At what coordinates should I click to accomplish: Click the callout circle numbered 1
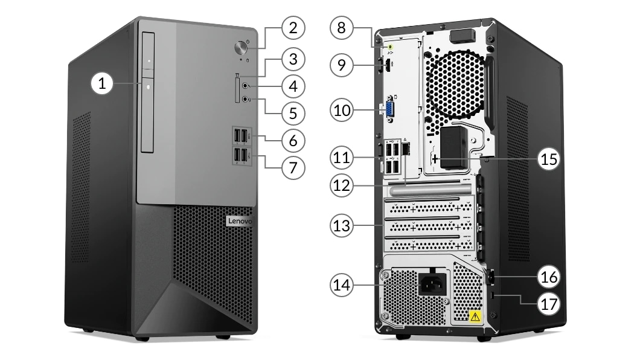(103, 84)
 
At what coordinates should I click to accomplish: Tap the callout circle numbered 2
(293, 27)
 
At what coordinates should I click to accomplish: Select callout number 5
(293, 112)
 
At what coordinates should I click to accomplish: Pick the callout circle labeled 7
(293, 166)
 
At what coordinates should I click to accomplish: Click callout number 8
(342, 27)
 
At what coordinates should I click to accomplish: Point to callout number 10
(342, 111)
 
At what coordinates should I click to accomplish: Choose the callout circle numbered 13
(342, 226)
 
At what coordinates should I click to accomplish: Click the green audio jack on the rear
(391, 44)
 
